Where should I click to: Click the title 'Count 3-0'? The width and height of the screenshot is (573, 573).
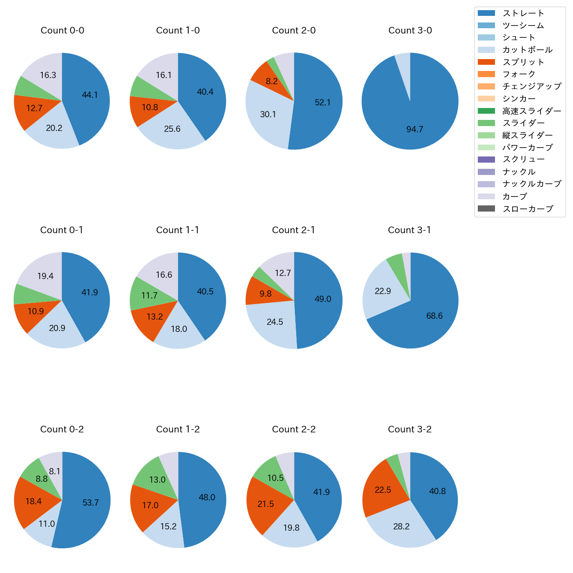410,30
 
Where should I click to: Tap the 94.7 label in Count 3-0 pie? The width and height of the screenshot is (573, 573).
415,129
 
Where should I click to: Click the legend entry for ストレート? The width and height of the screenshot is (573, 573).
523,13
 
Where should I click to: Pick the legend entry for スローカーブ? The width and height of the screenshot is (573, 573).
528,209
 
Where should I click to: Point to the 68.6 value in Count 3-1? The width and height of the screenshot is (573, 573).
434,316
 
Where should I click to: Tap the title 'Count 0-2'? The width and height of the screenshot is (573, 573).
62,429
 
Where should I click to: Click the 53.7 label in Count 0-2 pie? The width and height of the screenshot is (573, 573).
90,502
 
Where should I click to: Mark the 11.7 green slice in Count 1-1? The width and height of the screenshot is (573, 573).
149,295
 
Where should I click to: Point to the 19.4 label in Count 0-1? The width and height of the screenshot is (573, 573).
45,276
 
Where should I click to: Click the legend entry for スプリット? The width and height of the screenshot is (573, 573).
523,62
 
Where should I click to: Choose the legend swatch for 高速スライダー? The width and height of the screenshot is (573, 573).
486,111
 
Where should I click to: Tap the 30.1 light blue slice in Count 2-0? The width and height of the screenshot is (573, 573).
268,114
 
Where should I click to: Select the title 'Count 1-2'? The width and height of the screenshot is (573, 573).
178,429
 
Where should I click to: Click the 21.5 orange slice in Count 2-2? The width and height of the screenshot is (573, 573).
266,504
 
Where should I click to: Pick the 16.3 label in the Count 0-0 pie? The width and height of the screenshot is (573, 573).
48,75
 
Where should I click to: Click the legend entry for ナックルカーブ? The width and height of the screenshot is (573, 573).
532,184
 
